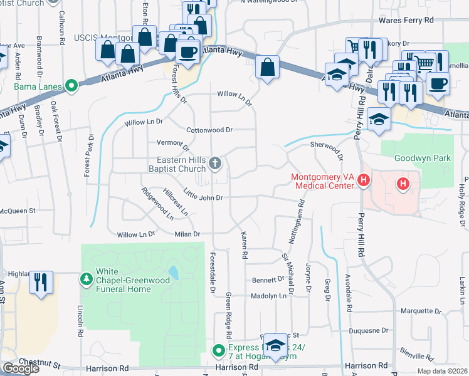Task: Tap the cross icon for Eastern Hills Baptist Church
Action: [214, 164]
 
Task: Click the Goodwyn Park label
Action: [422, 159]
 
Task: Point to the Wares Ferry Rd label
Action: [406, 21]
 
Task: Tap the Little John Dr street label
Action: [203, 194]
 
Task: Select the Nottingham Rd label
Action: [302, 216]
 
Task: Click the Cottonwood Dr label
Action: [209, 130]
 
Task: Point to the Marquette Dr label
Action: [421, 310]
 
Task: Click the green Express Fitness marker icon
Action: [218, 350]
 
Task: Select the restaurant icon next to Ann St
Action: [41, 282]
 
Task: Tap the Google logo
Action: [20, 368]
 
